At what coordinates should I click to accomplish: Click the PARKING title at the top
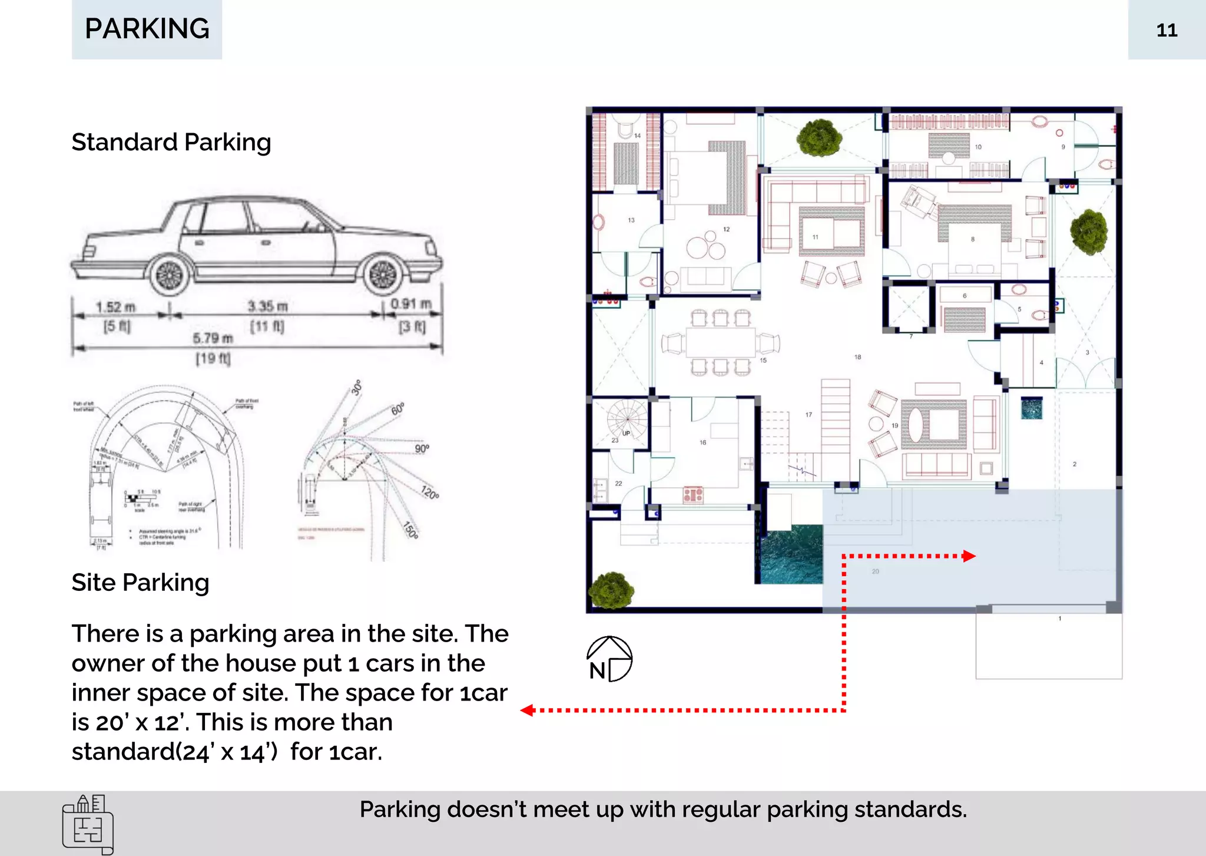147,28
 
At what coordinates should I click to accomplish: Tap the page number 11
1166,30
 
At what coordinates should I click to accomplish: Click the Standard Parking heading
171,142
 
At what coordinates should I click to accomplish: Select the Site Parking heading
140,582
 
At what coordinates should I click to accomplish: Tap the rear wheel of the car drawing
170,276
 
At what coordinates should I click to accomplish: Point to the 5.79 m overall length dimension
213,338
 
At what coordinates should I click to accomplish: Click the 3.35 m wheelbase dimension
267,306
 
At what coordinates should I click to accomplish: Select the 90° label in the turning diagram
422,448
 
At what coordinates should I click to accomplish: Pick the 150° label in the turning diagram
411,530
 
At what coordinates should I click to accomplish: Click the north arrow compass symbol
609,659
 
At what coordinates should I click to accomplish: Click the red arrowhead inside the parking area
969,556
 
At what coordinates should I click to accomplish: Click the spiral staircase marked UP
627,419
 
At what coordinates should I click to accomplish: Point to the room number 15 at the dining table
763,360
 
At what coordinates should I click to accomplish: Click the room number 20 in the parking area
875,571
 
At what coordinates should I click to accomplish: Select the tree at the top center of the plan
819,138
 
